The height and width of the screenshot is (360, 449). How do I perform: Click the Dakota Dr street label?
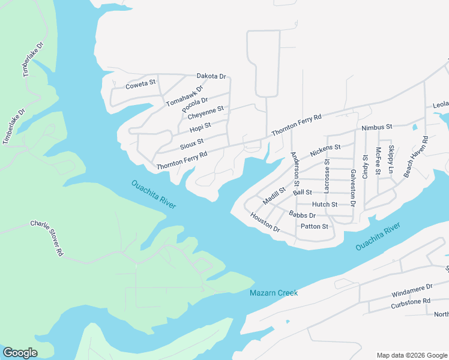pos(211,76)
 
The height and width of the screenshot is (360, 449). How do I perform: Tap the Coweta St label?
pos(140,85)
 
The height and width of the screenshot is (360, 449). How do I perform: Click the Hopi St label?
pos(200,127)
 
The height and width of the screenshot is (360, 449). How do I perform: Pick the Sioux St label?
pos(191,145)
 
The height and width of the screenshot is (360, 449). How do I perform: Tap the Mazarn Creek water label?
pos(274,293)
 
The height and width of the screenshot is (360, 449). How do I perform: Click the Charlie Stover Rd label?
pos(47,238)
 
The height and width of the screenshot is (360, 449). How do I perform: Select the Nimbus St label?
pos(377,127)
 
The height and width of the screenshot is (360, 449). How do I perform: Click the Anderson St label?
pos(295,169)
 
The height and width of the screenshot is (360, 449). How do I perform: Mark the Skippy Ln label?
pos(391,160)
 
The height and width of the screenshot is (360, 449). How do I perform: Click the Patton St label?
pos(315,226)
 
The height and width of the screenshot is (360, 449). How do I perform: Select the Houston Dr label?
pos(265,223)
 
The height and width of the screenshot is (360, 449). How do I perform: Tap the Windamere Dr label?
pos(412,290)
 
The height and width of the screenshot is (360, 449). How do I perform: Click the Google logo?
pos(20,353)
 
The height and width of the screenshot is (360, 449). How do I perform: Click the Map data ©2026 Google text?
pos(411,355)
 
